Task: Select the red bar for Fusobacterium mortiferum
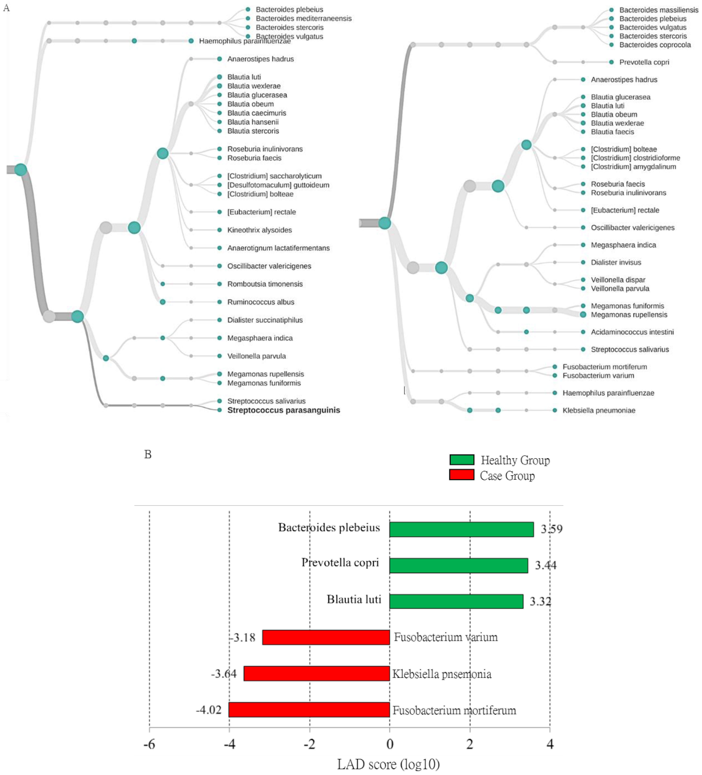(x=309, y=710)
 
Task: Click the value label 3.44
(x=546, y=565)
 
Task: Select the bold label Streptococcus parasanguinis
(x=283, y=410)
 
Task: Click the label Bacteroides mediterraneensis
(x=303, y=18)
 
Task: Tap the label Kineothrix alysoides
(x=259, y=230)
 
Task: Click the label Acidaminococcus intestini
(x=632, y=332)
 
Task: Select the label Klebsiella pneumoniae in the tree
(x=599, y=410)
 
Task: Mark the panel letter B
(x=148, y=454)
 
